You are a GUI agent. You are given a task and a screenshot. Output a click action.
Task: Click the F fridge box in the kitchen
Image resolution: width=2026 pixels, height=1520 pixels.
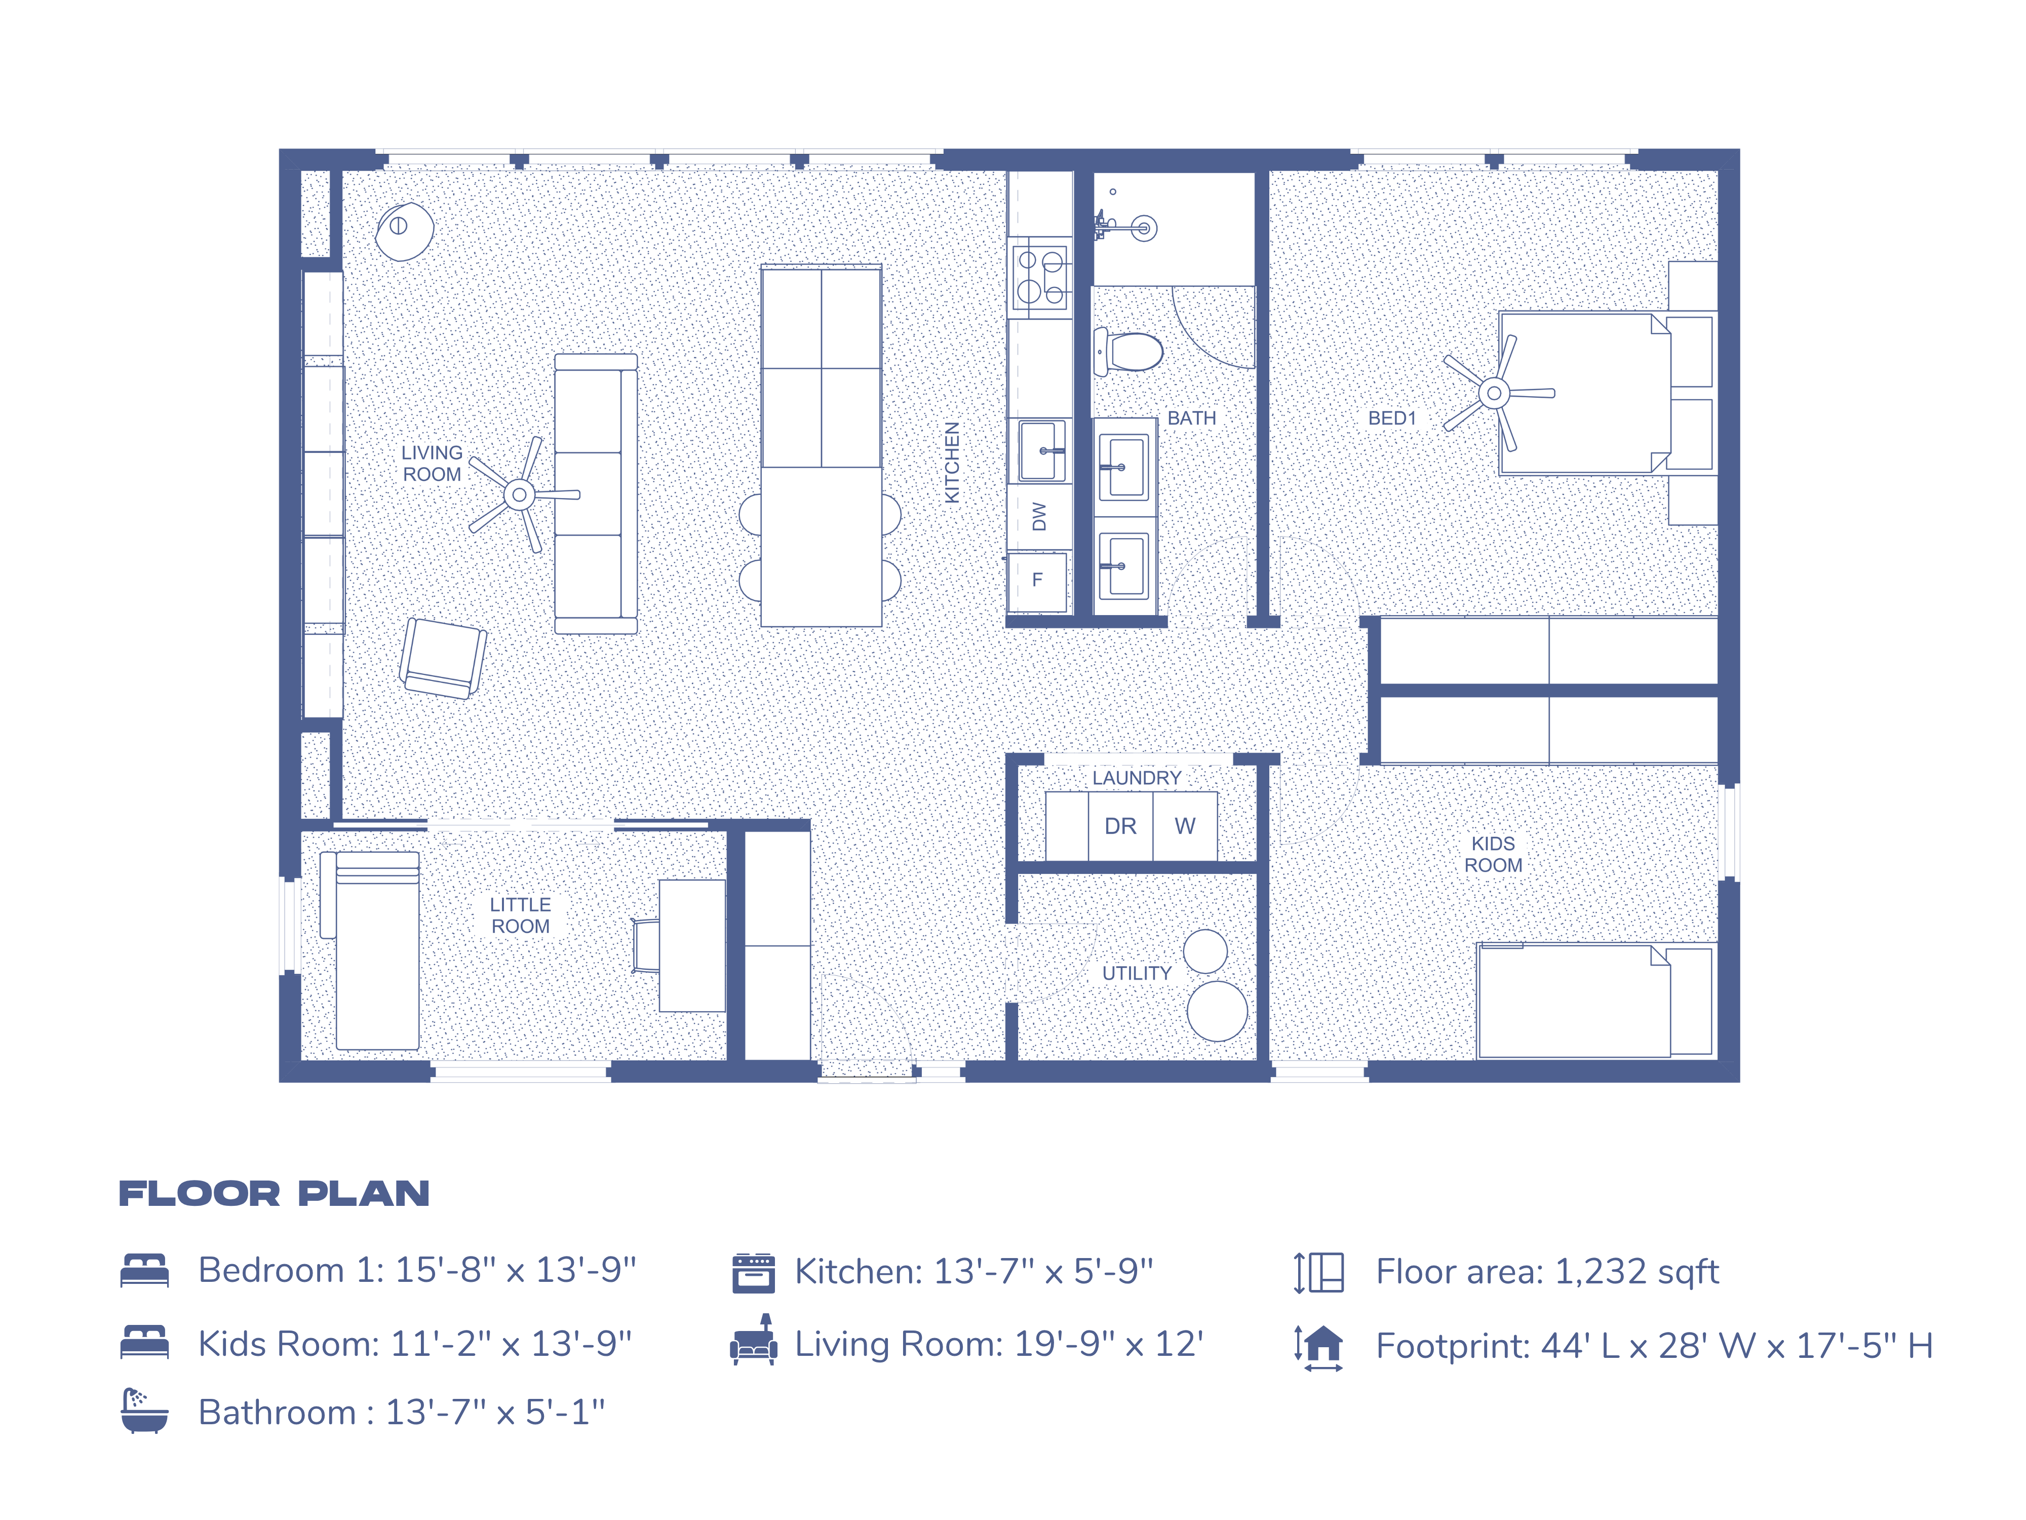click(x=1038, y=581)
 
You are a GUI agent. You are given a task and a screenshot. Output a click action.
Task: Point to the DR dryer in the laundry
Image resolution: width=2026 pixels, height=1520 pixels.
click(x=1120, y=826)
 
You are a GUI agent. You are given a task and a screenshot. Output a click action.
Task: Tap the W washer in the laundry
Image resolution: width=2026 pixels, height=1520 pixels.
click(x=1184, y=826)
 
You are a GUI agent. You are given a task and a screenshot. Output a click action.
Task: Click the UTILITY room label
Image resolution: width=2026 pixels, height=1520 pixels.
click(x=1137, y=973)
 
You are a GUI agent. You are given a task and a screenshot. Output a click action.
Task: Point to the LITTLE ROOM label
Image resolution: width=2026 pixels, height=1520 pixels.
click(x=520, y=916)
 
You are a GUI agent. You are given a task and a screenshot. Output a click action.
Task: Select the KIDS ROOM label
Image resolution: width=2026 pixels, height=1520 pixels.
click(x=1493, y=854)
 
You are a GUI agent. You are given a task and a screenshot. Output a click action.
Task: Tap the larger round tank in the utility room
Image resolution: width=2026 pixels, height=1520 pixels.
click(x=1216, y=1011)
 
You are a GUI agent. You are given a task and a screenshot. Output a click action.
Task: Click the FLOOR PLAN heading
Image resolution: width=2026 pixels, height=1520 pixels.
click(x=274, y=1194)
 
